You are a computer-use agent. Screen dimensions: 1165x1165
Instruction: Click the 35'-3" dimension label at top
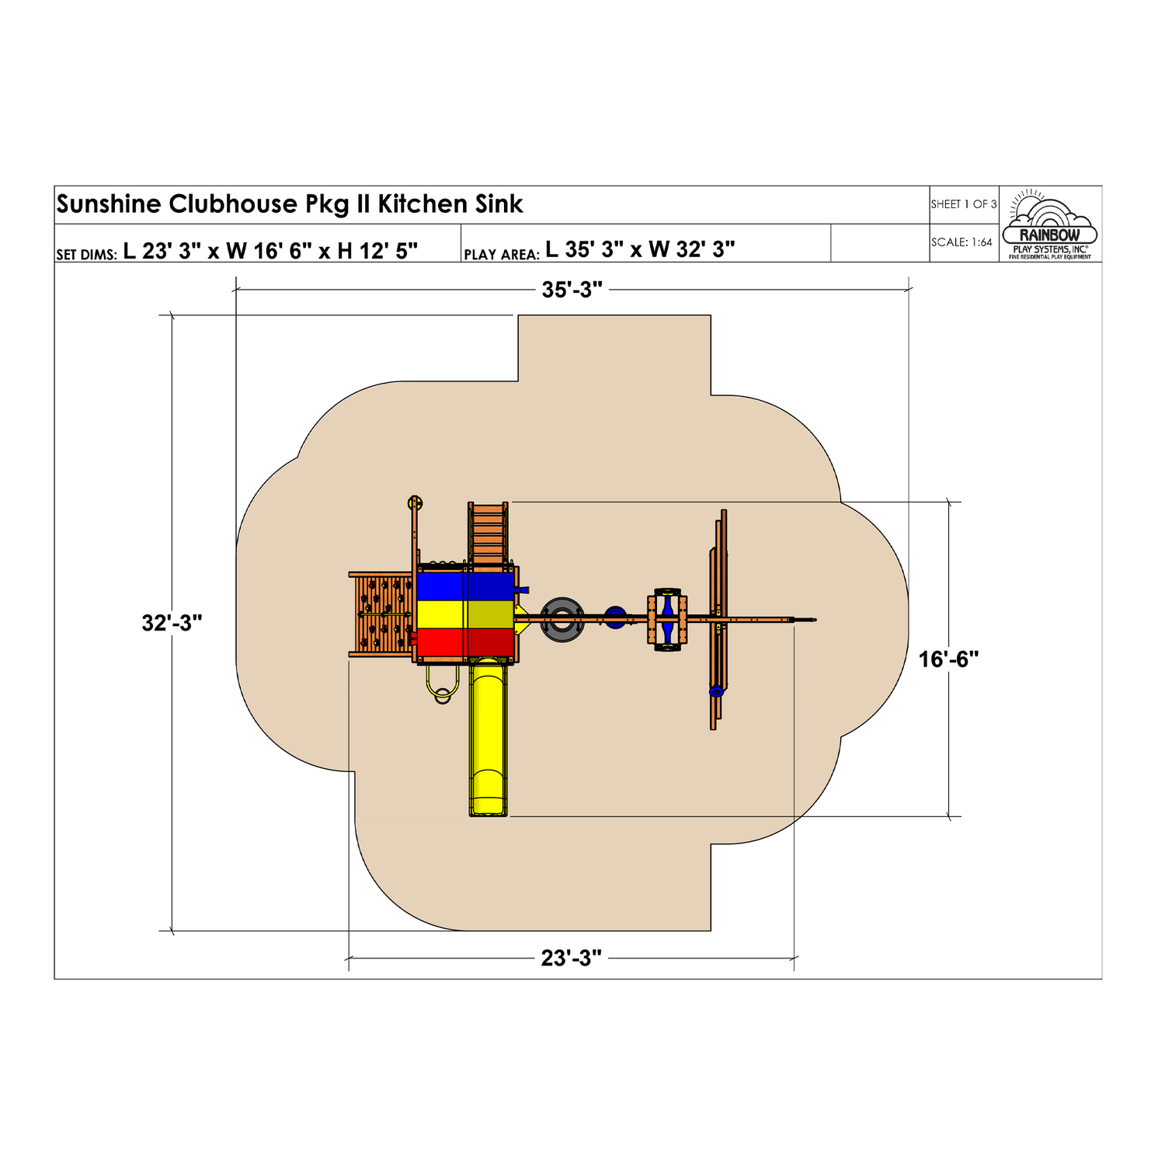pyautogui.click(x=572, y=290)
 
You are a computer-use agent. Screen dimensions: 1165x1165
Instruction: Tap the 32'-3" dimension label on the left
pyautogui.click(x=172, y=623)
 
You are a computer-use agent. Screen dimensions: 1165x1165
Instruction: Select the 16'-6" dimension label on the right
pyautogui.click(x=948, y=659)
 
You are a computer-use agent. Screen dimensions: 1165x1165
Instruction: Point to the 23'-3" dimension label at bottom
pyautogui.click(x=571, y=958)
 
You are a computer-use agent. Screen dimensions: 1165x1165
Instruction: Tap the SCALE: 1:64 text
pyautogui.click(x=962, y=242)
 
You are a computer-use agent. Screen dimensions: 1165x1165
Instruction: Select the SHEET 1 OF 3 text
pyautogui.click(x=963, y=204)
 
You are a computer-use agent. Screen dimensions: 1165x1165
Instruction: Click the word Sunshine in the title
pyautogui.click(x=109, y=204)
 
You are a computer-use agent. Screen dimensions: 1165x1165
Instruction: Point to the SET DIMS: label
pyautogui.click(x=86, y=255)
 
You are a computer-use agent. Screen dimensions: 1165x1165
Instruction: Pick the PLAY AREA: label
pyautogui.click(x=501, y=255)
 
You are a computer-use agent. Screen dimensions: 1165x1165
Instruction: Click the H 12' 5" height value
pyautogui.click(x=377, y=250)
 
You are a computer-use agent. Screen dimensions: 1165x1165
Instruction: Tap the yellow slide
pyautogui.click(x=488, y=738)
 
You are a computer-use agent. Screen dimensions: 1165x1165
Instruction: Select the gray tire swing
pyautogui.click(x=562, y=619)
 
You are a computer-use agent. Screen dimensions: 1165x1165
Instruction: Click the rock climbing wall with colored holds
pyautogui.click(x=383, y=614)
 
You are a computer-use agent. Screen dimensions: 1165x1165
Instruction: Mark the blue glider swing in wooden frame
pyautogui.click(x=667, y=619)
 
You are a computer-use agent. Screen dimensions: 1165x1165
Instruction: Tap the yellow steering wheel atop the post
pyautogui.click(x=416, y=503)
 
